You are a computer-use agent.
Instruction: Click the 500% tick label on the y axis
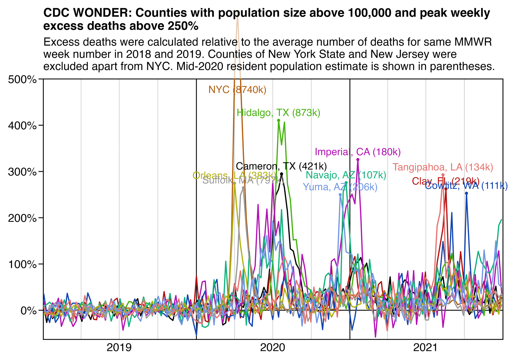pyautogui.click(x=22, y=80)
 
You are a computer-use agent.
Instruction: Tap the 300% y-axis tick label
pyautogui.click(x=22, y=172)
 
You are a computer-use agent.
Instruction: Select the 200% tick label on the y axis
pyautogui.click(x=22, y=218)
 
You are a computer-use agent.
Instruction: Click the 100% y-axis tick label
pyautogui.click(x=22, y=264)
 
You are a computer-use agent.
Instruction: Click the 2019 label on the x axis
pyautogui.click(x=119, y=348)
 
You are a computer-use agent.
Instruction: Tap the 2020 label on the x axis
pyautogui.click(x=273, y=348)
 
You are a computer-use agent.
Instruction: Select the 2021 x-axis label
pyautogui.click(x=426, y=348)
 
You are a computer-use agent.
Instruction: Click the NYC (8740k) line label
pyautogui.click(x=237, y=90)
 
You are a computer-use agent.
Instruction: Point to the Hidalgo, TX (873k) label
pyautogui.click(x=278, y=113)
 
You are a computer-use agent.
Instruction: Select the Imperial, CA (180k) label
pyautogui.click(x=358, y=152)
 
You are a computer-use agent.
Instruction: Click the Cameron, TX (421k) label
pyautogui.click(x=281, y=167)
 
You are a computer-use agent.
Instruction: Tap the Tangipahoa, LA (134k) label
pyautogui.click(x=443, y=167)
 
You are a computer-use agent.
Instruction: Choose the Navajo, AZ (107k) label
pyautogui.click(x=346, y=175)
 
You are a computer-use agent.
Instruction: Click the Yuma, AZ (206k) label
pyautogui.click(x=340, y=187)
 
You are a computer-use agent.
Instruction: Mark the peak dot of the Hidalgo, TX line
pyautogui.click(x=278, y=120)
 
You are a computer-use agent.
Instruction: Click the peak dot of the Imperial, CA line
pyautogui.click(x=358, y=160)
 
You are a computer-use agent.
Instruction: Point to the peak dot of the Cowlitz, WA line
pyautogui.click(x=466, y=193)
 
